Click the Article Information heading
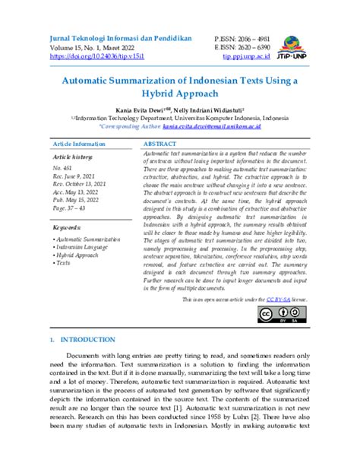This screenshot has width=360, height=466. click(x=79, y=143)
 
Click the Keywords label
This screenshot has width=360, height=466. click(x=68, y=227)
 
